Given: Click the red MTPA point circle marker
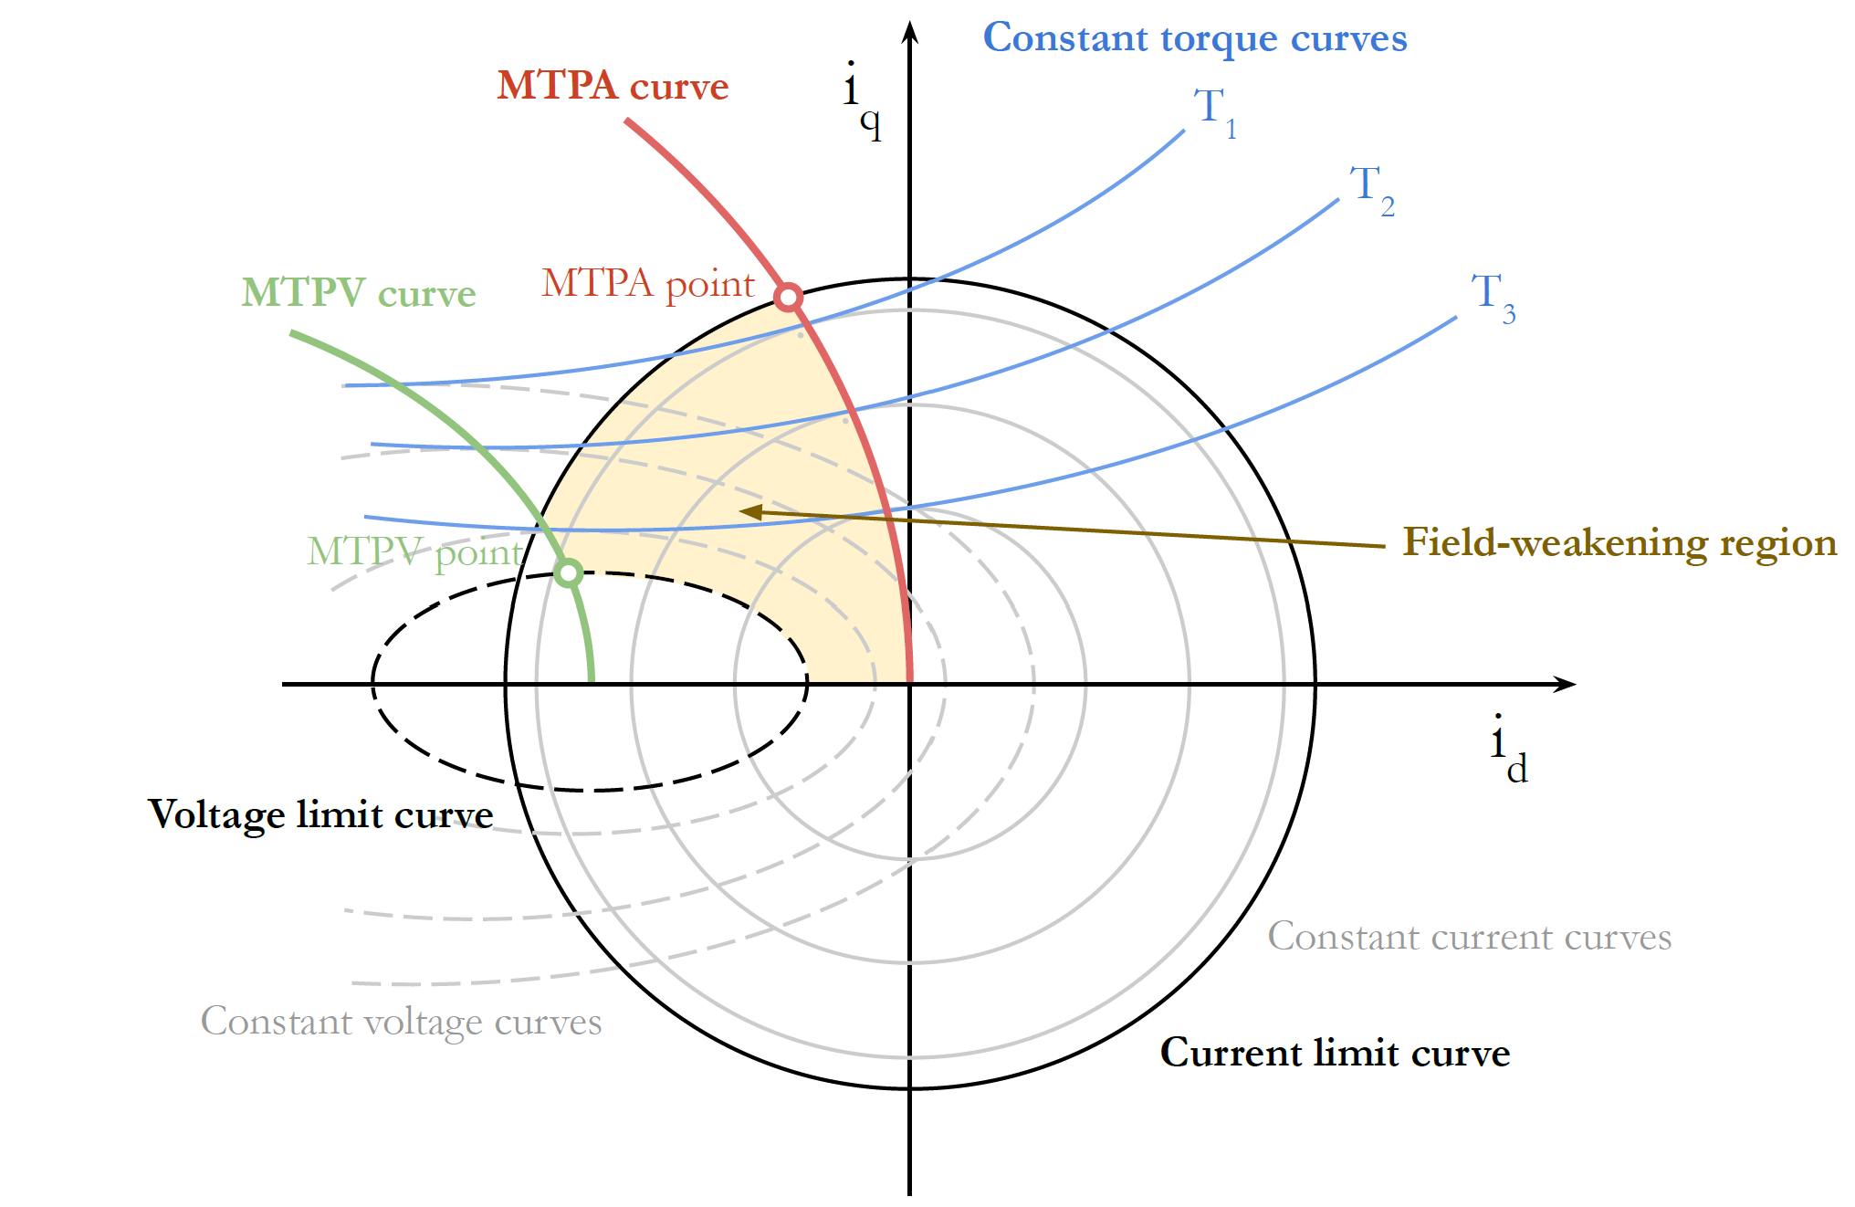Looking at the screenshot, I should point(788,297).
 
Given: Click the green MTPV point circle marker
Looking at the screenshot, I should point(568,573).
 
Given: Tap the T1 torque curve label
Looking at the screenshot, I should point(1215,111).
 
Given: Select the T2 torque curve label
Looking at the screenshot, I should point(1371,189).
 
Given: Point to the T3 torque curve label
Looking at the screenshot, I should point(1493,297).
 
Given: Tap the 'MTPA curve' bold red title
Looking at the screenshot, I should point(613,86).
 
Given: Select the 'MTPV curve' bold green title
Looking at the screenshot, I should point(358,293).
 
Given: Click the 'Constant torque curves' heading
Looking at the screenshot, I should point(1194,38).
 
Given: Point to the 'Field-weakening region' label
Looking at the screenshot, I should point(1619,542).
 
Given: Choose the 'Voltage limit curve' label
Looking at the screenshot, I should point(320,814).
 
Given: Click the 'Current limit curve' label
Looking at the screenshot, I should point(1335,1053).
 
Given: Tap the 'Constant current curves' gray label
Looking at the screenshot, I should point(1469,937).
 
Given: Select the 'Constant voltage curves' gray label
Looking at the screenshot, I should point(401,1022).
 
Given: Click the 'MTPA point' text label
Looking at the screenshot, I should point(648,284).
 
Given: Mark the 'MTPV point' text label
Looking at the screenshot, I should point(415,552).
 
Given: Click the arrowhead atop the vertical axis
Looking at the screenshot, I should point(909,32).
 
